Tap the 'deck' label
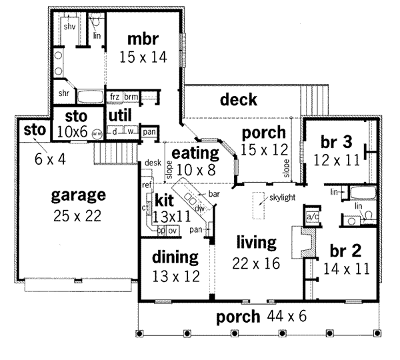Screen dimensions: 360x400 pyautogui.click(x=238, y=100)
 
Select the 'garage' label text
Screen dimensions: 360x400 pyautogui.click(x=79, y=195)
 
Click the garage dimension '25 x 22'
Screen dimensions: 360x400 pyautogui.click(x=79, y=215)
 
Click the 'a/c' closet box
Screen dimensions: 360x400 pyautogui.click(x=311, y=217)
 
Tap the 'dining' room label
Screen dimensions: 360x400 pyautogui.click(x=175, y=257)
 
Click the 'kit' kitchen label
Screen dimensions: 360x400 pyautogui.click(x=164, y=201)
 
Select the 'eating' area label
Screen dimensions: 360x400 pyautogui.click(x=193, y=154)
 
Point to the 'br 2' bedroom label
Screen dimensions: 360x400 pyautogui.click(x=345, y=251)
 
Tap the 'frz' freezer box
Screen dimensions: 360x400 pyautogui.click(x=115, y=97)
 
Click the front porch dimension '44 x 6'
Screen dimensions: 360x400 pyautogui.click(x=287, y=316)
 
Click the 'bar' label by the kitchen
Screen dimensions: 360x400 pyautogui.click(x=215, y=194)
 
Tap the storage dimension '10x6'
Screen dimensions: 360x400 pyautogui.click(x=72, y=131)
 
